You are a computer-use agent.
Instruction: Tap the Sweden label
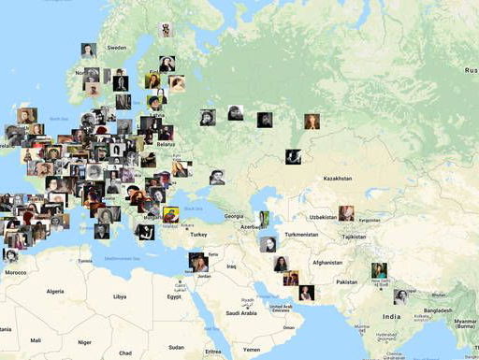[117, 47]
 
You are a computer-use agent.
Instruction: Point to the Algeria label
[56, 291]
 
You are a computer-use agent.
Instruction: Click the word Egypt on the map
[175, 296]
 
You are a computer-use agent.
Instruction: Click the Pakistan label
[347, 281]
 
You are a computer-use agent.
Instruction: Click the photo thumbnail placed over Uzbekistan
[346, 213]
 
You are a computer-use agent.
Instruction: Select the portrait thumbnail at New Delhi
[379, 271]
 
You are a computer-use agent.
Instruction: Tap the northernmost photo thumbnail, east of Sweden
[167, 30]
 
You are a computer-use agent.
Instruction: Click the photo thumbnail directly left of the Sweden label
[89, 50]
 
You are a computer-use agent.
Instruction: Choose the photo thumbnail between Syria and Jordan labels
[198, 261]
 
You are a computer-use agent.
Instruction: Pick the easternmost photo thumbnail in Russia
[312, 122]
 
